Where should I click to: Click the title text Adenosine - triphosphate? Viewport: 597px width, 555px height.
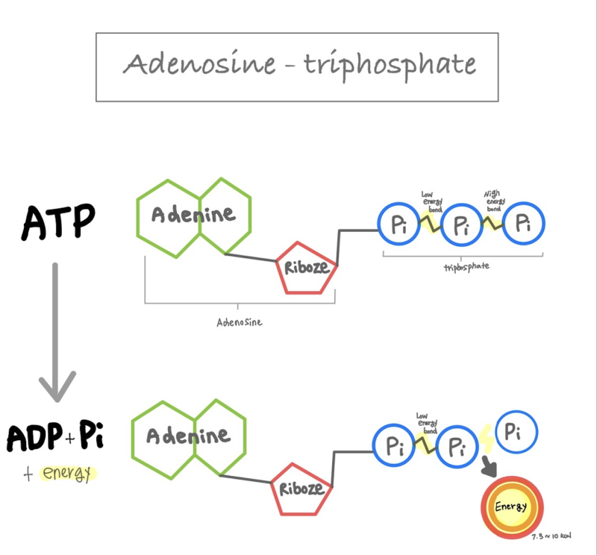coord(298,65)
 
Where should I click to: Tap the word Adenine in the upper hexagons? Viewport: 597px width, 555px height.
coord(193,216)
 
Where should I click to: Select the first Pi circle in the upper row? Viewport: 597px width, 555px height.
coord(400,223)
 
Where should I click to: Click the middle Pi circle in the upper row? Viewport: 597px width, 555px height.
coord(463,224)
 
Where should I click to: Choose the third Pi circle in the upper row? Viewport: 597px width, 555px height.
coord(523,222)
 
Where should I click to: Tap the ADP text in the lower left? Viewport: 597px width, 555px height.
coord(34,437)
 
